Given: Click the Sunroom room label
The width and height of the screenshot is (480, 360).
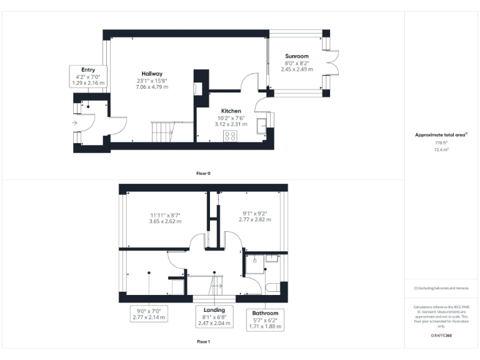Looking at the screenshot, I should (297, 56).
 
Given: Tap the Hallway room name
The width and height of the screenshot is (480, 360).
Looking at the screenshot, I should (151, 74).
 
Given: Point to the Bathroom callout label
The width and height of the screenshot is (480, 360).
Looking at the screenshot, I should (265, 317).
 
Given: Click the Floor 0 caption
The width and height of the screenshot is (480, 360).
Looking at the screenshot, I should (203, 172).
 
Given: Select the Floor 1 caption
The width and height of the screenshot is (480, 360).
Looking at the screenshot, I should (203, 342).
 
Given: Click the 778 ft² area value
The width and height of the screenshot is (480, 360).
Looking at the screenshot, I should (441, 143).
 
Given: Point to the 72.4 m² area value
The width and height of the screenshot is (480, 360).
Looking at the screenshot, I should (441, 150).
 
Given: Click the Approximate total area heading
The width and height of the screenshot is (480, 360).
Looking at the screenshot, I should (441, 134).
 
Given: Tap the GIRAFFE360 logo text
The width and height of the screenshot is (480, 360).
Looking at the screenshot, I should (441, 337).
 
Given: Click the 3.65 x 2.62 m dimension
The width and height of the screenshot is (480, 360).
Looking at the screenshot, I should (165, 221).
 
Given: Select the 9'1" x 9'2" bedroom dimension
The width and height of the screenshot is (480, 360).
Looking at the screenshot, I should (257, 214).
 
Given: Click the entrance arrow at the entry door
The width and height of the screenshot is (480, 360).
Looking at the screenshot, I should (75, 124).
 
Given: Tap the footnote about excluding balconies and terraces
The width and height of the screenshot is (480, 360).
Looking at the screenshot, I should (441, 288).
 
